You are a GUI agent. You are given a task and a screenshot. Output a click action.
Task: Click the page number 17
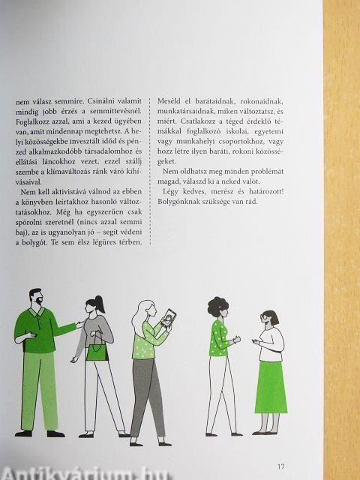pos(281,466)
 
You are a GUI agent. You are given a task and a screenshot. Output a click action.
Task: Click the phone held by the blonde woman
pos(169,318)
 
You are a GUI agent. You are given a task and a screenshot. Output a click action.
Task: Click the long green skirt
pos(271,388)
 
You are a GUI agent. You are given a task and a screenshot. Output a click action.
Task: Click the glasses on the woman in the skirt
pos(264,316)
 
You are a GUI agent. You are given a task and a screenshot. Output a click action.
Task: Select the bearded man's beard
pos(39,300)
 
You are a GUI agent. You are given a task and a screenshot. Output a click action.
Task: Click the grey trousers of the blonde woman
pos(148,397)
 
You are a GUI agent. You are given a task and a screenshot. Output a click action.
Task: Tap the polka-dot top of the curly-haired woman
pos(219,338)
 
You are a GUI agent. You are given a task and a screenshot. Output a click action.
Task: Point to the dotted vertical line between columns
pos(150,172)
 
